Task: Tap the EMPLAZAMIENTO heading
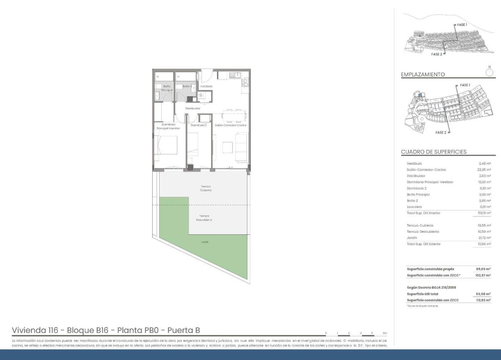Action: [x=423, y=75]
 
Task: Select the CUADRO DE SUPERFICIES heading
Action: [x=433, y=152]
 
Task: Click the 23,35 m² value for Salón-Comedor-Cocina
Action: [x=483, y=170]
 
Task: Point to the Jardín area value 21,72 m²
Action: [x=483, y=238]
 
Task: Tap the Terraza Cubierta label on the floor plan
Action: [x=206, y=188]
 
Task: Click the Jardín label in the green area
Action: [x=204, y=242]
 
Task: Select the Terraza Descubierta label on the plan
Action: [x=205, y=218]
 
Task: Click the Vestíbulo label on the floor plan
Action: [x=206, y=87]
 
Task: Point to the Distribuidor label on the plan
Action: [x=192, y=108]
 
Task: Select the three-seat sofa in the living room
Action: [x=242, y=147]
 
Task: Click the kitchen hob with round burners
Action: [x=245, y=83]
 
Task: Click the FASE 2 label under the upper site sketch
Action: [x=437, y=54]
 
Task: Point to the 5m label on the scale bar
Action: [x=384, y=333]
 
